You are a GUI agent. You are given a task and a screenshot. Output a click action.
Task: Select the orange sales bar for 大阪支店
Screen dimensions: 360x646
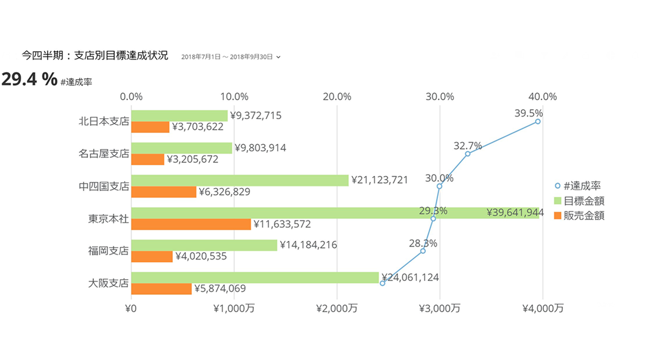[x=161, y=288]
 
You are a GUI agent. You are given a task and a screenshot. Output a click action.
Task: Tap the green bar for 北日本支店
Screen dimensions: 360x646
[x=179, y=116]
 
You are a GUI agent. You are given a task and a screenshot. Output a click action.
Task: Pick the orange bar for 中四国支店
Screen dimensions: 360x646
[x=164, y=192]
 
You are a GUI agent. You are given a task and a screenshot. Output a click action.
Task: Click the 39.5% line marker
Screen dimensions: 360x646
[x=538, y=121]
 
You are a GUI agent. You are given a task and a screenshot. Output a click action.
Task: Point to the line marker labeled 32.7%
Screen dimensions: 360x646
[x=468, y=154]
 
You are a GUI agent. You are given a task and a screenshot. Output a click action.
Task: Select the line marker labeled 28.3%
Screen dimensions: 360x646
[x=423, y=251]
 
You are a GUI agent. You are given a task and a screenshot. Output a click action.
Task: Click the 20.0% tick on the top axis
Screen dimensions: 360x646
[x=337, y=96]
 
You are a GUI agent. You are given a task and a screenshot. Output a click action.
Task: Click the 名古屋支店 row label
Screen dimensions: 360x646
[x=104, y=153]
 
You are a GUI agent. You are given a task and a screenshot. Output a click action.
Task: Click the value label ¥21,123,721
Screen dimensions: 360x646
[x=379, y=180]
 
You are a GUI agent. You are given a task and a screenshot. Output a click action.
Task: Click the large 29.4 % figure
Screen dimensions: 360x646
[x=29, y=79]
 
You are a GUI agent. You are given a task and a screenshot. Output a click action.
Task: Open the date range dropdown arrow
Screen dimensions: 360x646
[x=278, y=57]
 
